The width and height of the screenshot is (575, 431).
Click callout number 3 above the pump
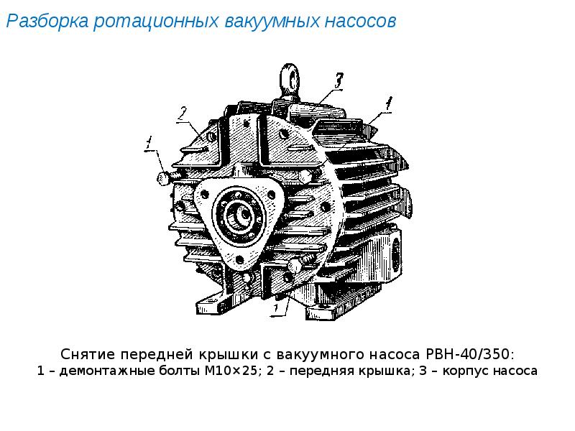pyautogui.click(x=338, y=80)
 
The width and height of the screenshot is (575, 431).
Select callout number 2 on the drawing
pyautogui.click(x=183, y=114)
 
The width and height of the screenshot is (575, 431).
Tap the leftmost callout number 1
pyautogui.click(x=149, y=143)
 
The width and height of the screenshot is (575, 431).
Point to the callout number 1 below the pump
pyautogui.click(x=276, y=309)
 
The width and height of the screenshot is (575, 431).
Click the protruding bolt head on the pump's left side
pyautogui.click(x=164, y=178)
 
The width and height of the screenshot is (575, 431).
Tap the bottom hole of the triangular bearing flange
pyautogui.click(x=239, y=260)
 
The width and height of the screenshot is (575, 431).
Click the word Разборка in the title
pyautogui.click(x=47, y=22)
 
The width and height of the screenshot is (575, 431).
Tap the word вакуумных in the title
pyautogui.click(x=272, y=22)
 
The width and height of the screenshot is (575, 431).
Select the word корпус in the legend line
pyautogui.click(x=465, y=371)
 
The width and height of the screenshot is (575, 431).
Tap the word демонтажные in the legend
pyautogui.click(x=107, y=371)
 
